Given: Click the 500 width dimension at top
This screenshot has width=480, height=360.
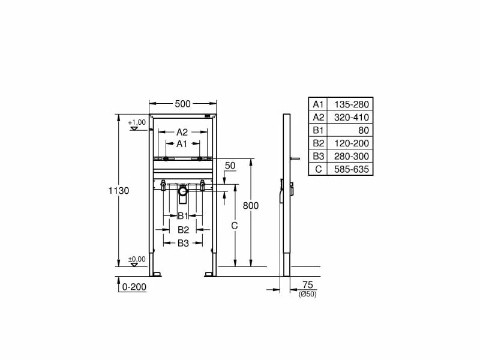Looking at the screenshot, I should pyautogui.click(x=182, y=104).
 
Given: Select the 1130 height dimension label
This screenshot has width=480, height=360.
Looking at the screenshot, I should pyautogui.click(x=119, y=190).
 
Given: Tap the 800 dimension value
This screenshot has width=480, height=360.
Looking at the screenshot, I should pyautogui.click(x=250, y=205).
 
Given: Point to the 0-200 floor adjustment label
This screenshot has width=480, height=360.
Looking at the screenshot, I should pyautogui.click(x=134, y=287).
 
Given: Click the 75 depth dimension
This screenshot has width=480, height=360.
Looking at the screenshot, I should pyautogui.click(x=307, y=285).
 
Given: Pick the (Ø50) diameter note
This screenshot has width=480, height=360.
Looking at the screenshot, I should pyautogui.click(x=307, y=293).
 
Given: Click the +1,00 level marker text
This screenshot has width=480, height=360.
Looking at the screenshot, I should pyautogui.click(x=137, y=122).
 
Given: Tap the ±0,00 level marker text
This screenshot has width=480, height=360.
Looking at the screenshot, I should pyautogui.click(x=137, y=259).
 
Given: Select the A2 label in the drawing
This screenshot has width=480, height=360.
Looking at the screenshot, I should pyautogui.click(x=182, y=132).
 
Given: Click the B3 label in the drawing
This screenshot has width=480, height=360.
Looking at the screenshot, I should pyautogui.click(x=183, y=243).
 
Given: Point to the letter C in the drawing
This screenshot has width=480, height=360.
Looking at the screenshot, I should pyautogui.click(x=235, y=226).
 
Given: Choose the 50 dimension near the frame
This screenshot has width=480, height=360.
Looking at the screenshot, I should pyautogui.click(x=230, y=165).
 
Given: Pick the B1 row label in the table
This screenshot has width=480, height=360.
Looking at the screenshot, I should pyautogui.click(x=318, y=130).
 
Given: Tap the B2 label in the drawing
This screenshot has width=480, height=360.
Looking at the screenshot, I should pyautogui.click(x=183, y=229).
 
